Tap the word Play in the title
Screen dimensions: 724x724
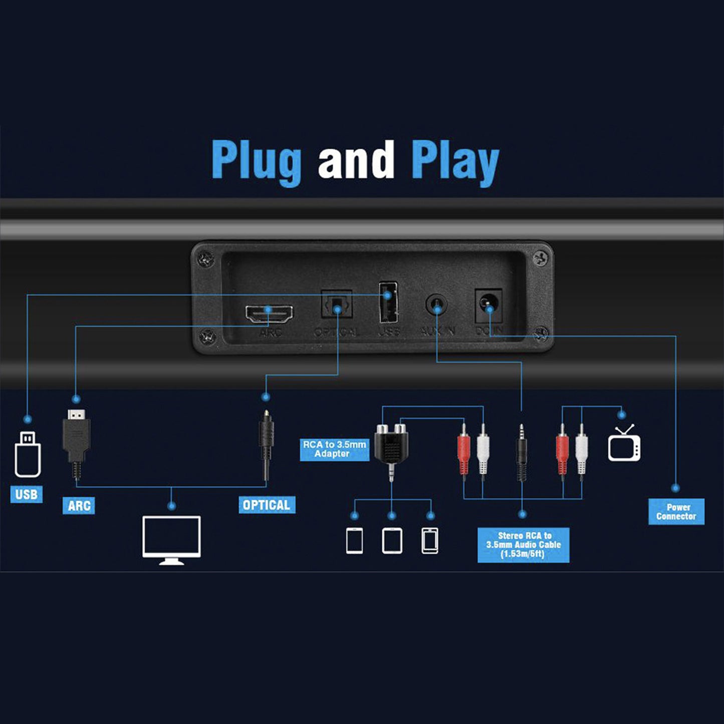[x=454, y=162]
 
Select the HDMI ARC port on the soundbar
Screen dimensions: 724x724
[x=269, y=314]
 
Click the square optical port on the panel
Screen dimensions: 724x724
[x=337, y=305]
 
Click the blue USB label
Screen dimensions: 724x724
[x=27, y=495]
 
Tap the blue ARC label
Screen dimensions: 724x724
[x=79, y=506]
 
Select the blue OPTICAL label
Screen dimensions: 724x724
[x=267, y=505]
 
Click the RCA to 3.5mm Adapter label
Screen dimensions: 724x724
[x=334, y=449]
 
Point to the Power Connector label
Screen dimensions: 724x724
[x=676, y=512]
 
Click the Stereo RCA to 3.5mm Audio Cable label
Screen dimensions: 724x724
[x=523, y=545]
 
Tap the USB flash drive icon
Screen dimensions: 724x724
[x=28, y=454]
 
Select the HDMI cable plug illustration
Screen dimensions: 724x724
[x=76, y=441]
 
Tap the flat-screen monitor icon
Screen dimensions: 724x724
[x=171, y=539]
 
